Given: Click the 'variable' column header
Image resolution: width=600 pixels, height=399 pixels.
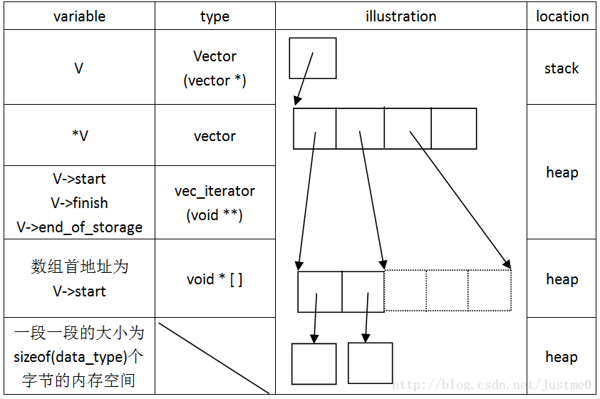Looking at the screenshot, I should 79,16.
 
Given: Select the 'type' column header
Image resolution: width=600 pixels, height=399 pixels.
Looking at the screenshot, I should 214,16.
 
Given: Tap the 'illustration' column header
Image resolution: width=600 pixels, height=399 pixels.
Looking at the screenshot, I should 400,16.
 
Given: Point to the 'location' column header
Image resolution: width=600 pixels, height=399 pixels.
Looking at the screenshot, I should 562,16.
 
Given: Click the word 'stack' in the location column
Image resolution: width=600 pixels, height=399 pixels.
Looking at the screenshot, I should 562,68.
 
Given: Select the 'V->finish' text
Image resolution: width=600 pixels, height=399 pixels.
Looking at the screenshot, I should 79,203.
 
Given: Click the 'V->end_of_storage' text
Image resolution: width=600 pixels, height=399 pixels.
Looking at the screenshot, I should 79,227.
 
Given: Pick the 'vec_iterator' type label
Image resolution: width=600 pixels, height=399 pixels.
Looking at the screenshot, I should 214,191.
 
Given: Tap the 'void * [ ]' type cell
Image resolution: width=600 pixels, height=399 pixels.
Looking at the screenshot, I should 214,279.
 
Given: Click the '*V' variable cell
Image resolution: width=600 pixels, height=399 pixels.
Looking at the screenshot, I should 79,135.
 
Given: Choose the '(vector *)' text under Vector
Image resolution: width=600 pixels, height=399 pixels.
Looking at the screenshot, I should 214,81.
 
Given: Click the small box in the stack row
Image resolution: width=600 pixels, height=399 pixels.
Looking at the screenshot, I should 312,58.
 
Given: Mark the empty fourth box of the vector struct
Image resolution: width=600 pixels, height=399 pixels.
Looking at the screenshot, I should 454,128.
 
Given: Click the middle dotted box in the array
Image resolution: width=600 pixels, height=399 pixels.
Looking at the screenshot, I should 447,290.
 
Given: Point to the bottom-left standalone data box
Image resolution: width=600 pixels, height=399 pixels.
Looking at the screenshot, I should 314,363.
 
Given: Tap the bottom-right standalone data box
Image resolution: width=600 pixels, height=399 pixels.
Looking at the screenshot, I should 370,363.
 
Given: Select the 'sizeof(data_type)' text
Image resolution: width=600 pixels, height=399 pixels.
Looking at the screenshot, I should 74,357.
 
